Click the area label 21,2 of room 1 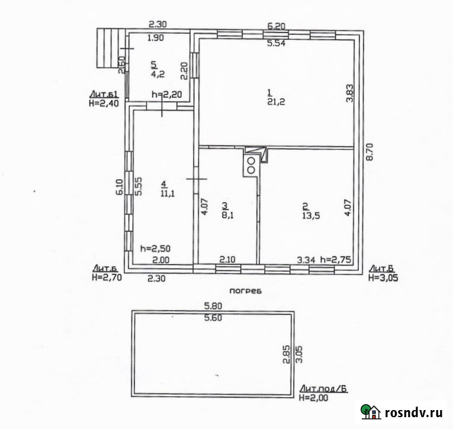[276, 102]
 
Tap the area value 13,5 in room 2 [311, 215]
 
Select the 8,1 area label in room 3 [227, 215]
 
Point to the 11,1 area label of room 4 [168, 193]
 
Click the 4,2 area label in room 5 [158, 74]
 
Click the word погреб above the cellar [246, 291]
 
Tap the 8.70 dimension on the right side [370, 152]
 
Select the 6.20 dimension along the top [276, 26]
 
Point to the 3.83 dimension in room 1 [350, 93]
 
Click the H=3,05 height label [383, 278]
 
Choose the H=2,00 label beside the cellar [314, 398]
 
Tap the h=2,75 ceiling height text [336, 260]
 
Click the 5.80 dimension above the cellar [213, 305]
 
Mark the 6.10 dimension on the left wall [120, 187]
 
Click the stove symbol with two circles [251, 166]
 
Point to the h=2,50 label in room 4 [155, 249]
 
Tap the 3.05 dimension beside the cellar [299, 354]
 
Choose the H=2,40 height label [104, 103]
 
